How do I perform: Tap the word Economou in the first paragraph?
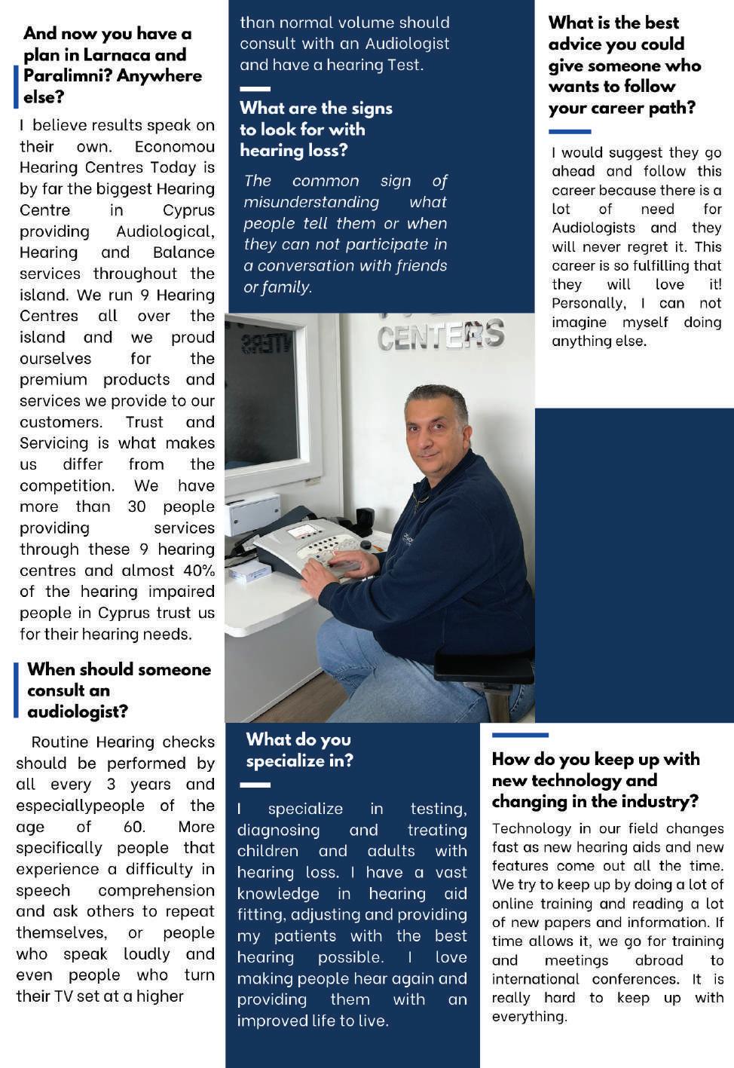pos(175,147)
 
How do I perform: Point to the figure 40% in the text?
pos(198,571)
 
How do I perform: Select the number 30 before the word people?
pos(136,507)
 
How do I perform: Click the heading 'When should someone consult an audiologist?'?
pos(118,690)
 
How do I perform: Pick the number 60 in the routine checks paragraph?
pos(133,827)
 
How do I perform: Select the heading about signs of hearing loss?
pos(316,129)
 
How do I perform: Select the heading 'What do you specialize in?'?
pos(299,750)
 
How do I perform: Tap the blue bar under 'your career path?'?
pos(570,132)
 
